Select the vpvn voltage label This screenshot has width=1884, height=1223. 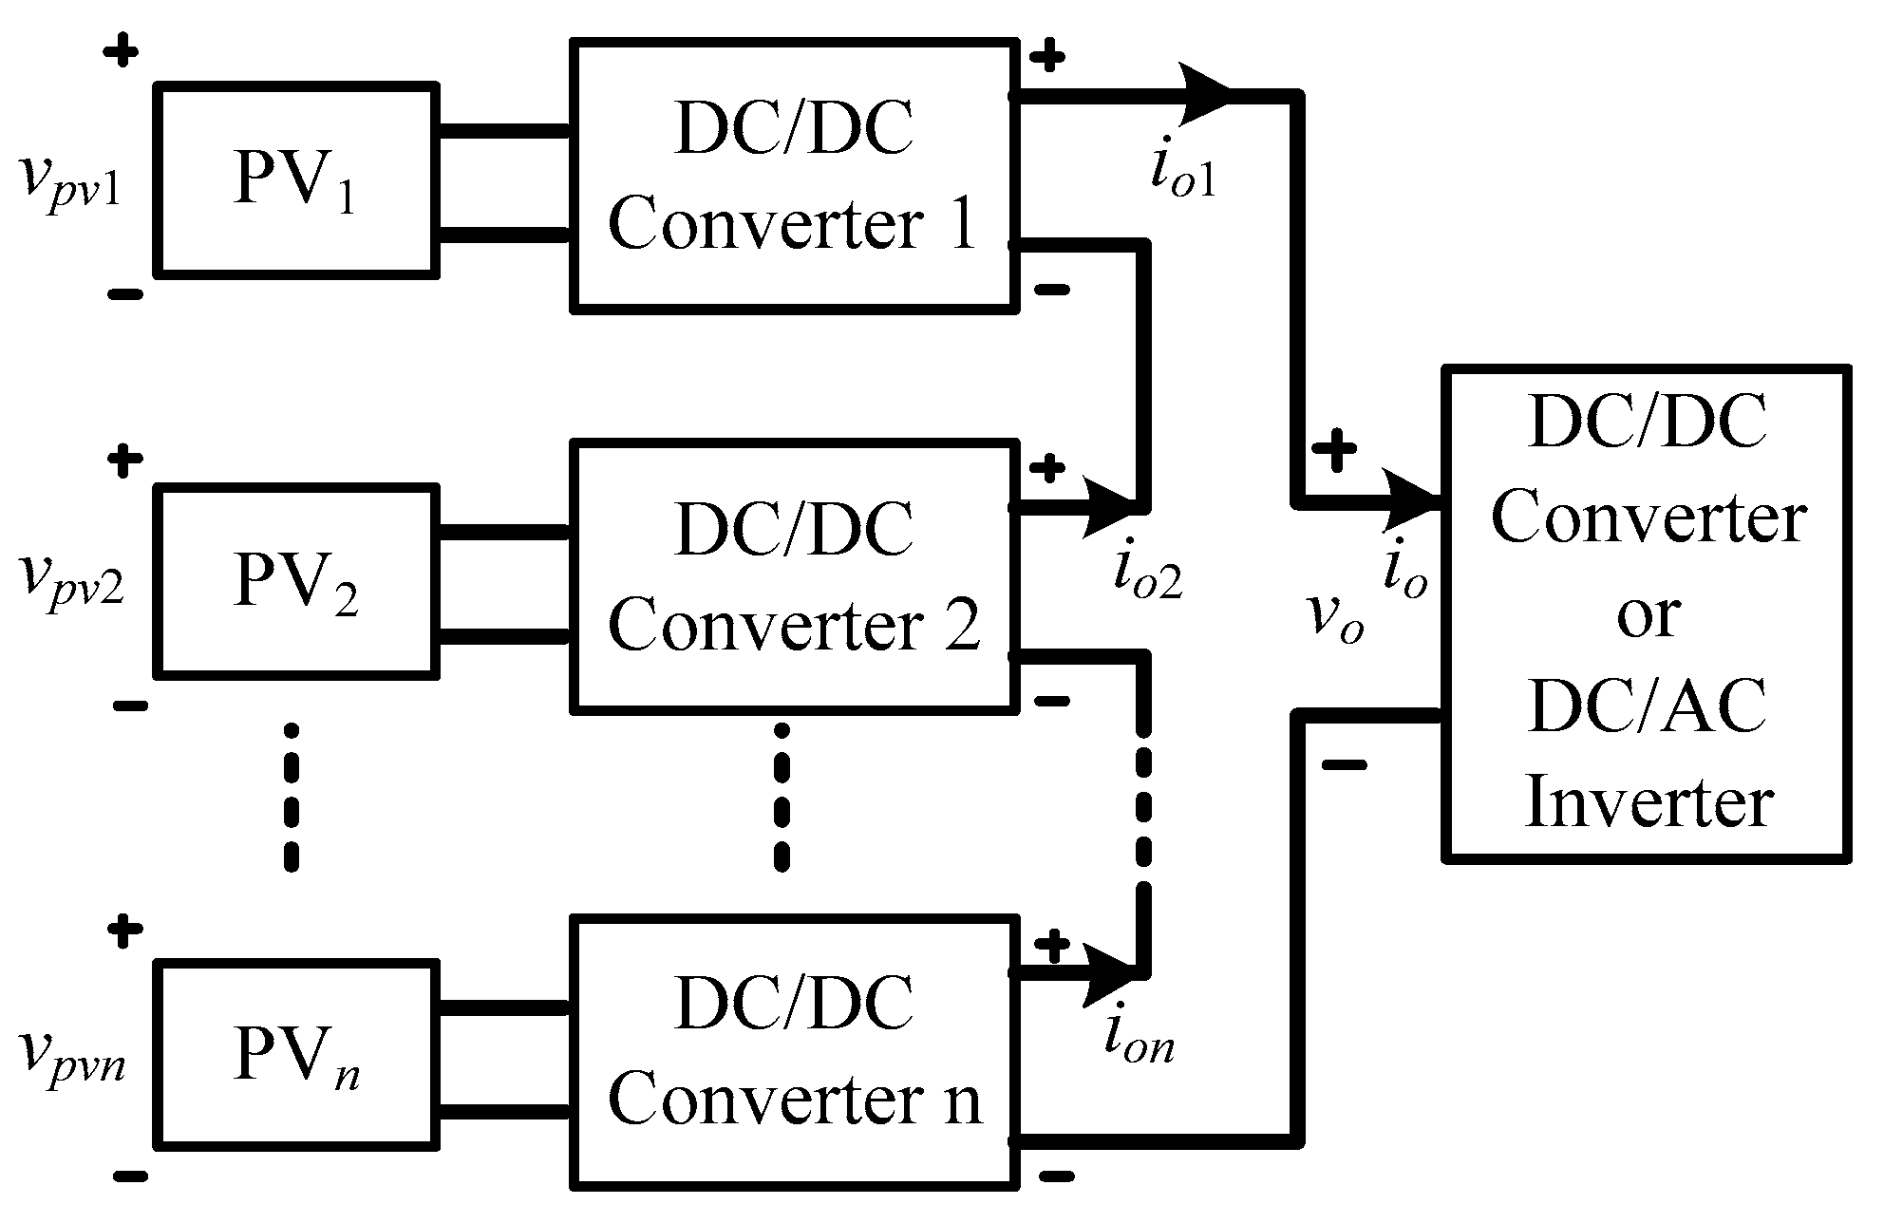pyautogui.click(x=71, y=1061)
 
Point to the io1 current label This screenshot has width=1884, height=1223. pyautogui.click(x=1182, y=171)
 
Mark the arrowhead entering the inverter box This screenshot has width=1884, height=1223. pyautogui.click(x=1415, y=501)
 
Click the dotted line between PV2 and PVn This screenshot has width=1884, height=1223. pyautogui.click(x=292, y=798)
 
